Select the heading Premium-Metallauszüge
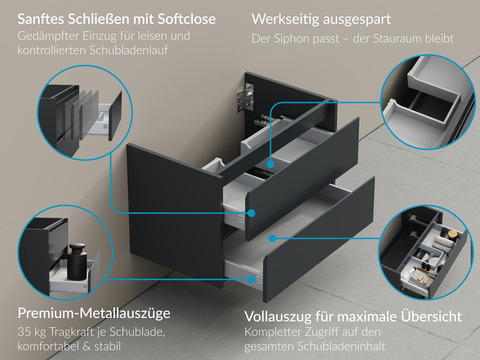[94, 313]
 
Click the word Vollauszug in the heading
[275, 317]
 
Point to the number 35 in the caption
[24, 332]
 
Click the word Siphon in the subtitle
[290, 39]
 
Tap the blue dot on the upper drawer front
[251, 213]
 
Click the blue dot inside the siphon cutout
[270, 164]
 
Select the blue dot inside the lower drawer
[272, 238]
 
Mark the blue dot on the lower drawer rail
[251, 279]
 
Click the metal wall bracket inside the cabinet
[245, 97]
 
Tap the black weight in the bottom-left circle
[78, 261]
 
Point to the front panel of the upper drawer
[302, 178]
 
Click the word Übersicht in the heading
[432, 316]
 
